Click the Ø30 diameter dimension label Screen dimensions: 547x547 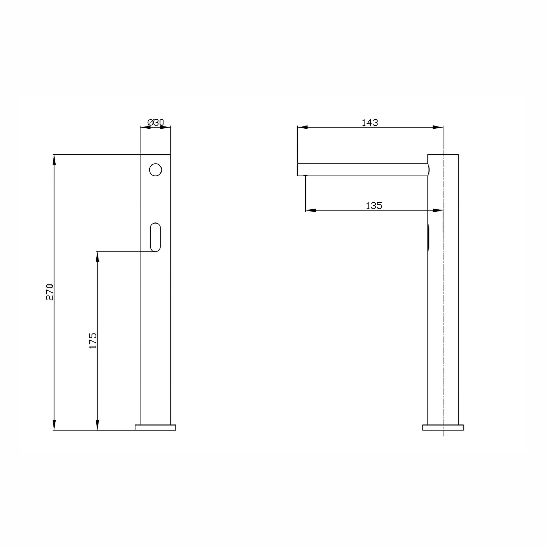(x=155, y=123)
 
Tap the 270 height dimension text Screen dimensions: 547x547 (x=50, y=292)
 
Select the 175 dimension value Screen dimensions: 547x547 (x=93, y=340)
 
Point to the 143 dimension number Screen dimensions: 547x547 (x=370, y=123)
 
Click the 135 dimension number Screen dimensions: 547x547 (x=374, y=206)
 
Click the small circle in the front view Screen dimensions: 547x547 (x=155, y=170)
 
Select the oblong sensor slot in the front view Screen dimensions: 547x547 (x=155, y=237)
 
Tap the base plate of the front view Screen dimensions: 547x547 (x=155, y=427)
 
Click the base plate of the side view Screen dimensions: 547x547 (x=443, y=427)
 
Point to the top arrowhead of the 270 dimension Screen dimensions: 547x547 (x=54, y=160)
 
